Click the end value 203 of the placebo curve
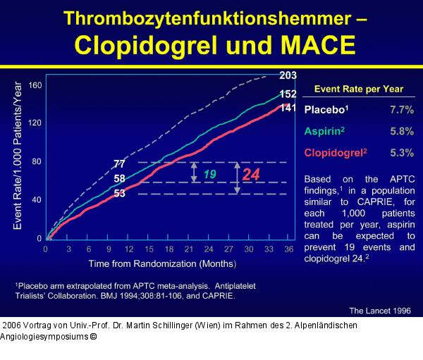(288, 75)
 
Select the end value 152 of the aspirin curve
(288, 94)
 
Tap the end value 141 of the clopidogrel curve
(288, 108)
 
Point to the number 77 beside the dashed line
(119, 164)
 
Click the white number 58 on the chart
(119, 179)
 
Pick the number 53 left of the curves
(119, 194)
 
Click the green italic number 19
(210, 173)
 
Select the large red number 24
(252, 173)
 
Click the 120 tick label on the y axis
(35, 123)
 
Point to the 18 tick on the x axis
(169, 249)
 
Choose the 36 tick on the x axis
(288, 249)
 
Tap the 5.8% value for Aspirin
(401, 132)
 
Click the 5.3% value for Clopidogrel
(401, 153)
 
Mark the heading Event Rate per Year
(358, 89)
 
